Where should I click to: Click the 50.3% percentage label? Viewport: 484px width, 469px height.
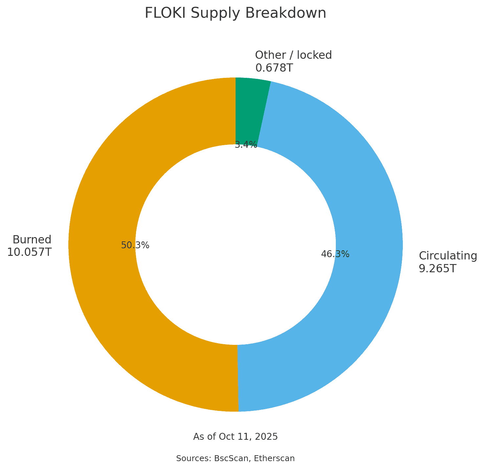(x=135, y=245)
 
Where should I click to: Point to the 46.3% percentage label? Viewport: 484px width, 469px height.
(x=335, y=254)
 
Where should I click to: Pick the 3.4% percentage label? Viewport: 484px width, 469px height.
(x=246, y=145)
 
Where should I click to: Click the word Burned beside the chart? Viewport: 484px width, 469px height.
(x=32, y=239)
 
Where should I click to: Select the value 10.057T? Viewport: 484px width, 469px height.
(x=29, y=252)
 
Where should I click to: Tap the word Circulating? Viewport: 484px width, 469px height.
(x=448, y=256)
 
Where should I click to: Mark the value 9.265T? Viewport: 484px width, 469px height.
(x=437, y=269)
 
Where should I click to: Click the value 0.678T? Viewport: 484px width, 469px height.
(x=274, y=68)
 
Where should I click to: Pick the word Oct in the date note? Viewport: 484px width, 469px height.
(x=229, y=437)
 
